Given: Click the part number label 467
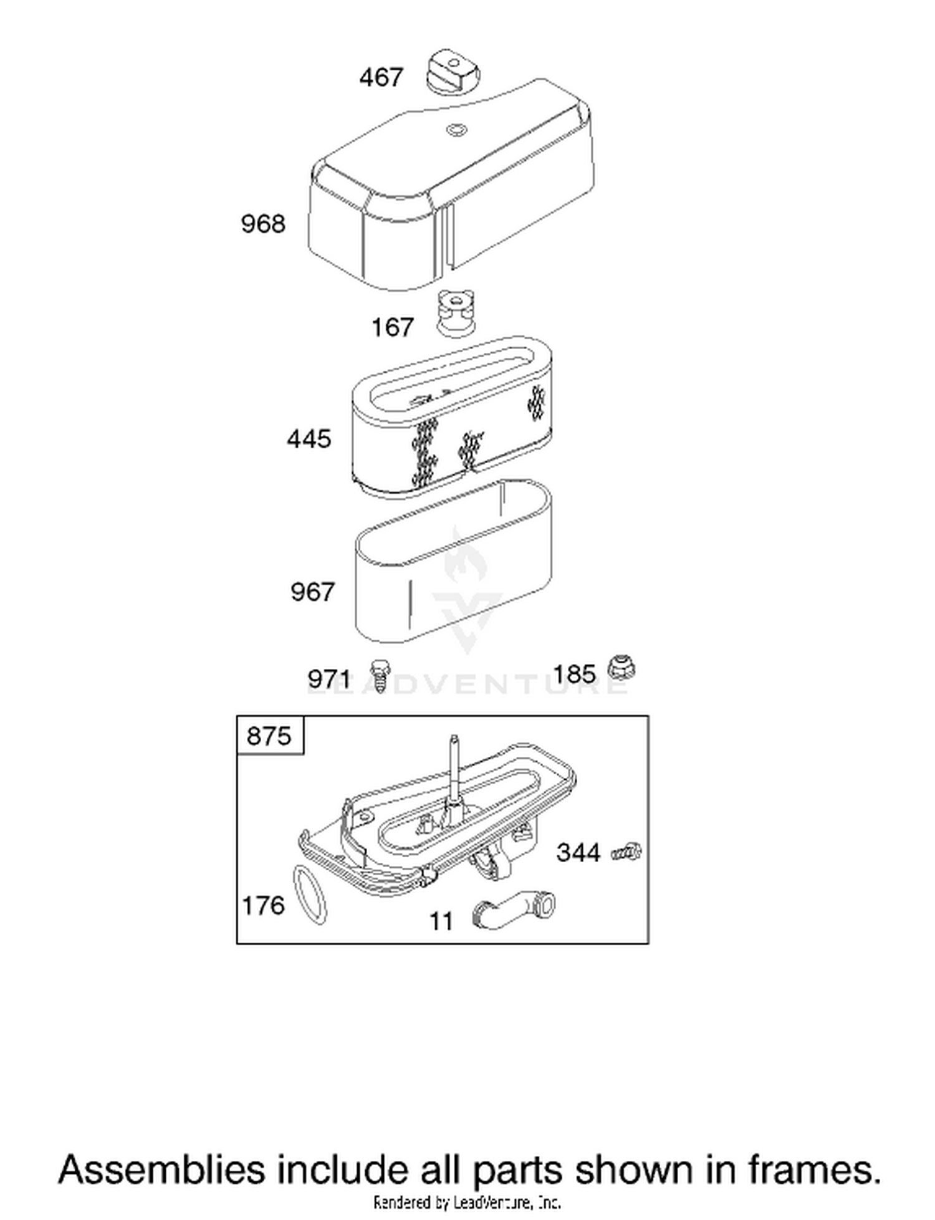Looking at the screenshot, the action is (x=381, y=78).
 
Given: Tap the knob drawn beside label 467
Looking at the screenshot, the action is (x=454, y=72).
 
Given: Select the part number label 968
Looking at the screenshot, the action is (x=263, y=224).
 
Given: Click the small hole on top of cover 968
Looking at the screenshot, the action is (x=456, y=129).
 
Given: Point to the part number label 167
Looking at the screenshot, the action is (x=392, y=327).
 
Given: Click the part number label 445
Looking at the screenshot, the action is (x=309, y=439).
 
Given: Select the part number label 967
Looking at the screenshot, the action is (x=313, y=592).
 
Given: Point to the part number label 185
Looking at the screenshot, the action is (x=575, y=674).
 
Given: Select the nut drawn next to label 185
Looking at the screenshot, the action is (x=621, y=668).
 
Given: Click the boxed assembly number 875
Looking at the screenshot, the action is (x=269, y=736).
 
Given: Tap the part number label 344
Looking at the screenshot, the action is (x=578, y=853).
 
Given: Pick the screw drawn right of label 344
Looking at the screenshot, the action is (x=626, y=852).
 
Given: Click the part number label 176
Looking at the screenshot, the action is (x=263, y=906).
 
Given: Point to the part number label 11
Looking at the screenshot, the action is (x=442, y=921).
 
